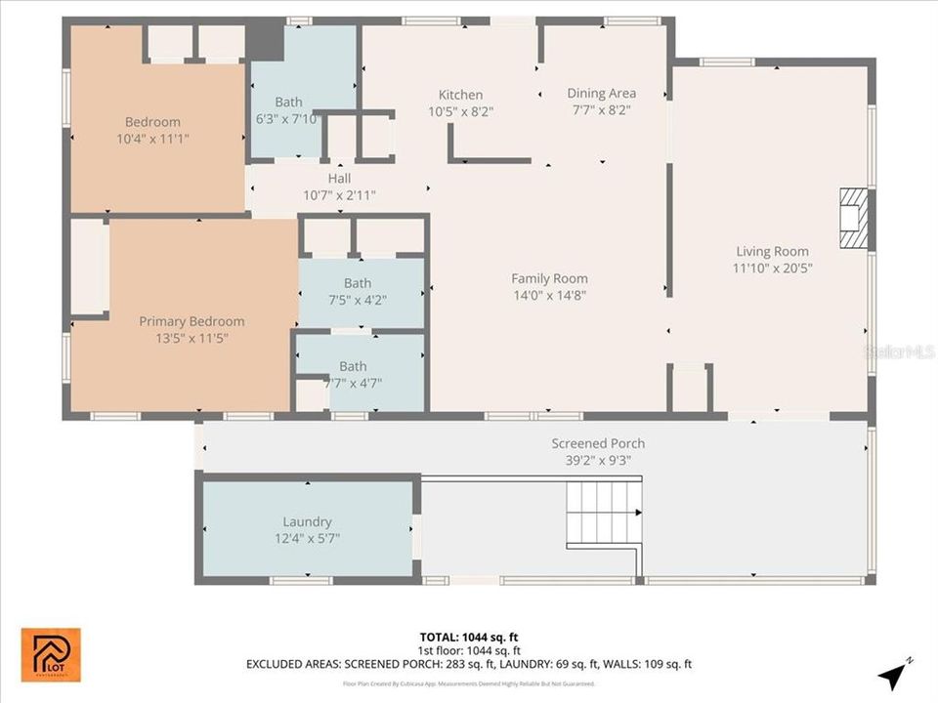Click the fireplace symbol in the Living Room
coord(853,221)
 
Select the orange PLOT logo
coord(51,654)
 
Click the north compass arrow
coord(893,674)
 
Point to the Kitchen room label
coord(460,95)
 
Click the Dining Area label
coord(601,94)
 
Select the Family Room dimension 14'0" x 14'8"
coord(549,295)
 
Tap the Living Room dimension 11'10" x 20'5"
coord(772,268)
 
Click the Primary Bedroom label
coord(192,321)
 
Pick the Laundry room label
coord(307,521)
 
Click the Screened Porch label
coord(598,443)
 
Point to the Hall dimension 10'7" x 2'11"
coord(339,195)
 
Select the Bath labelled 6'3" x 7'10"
coord(288,102)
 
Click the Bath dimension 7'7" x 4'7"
coord(353,383)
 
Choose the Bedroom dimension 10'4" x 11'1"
coord(152,139)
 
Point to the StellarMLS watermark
coord(899,351)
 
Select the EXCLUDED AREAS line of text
coord(469,664)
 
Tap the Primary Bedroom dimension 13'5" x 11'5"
coord(192,338)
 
